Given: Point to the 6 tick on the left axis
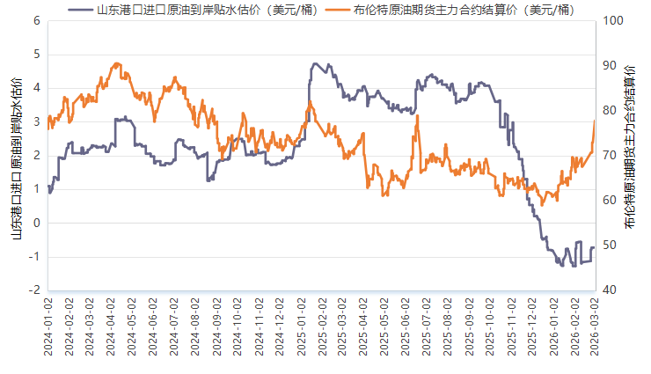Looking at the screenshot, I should pyautogui.click(x=36, y=20).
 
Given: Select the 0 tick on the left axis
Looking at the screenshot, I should pyautogui.click(x=36, y=223).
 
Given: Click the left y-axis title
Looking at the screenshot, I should pyautogui.click(x=15, y=156).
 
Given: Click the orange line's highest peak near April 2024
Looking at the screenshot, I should pyautogui.click(x=116, y=63).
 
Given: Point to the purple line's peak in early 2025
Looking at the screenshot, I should pyautogui.click(x=315, y=63).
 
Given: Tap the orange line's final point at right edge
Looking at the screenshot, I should pyautogui.click(x=595, y=120).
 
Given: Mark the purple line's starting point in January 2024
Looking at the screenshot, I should pyautogui.click(x=48, y=187).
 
